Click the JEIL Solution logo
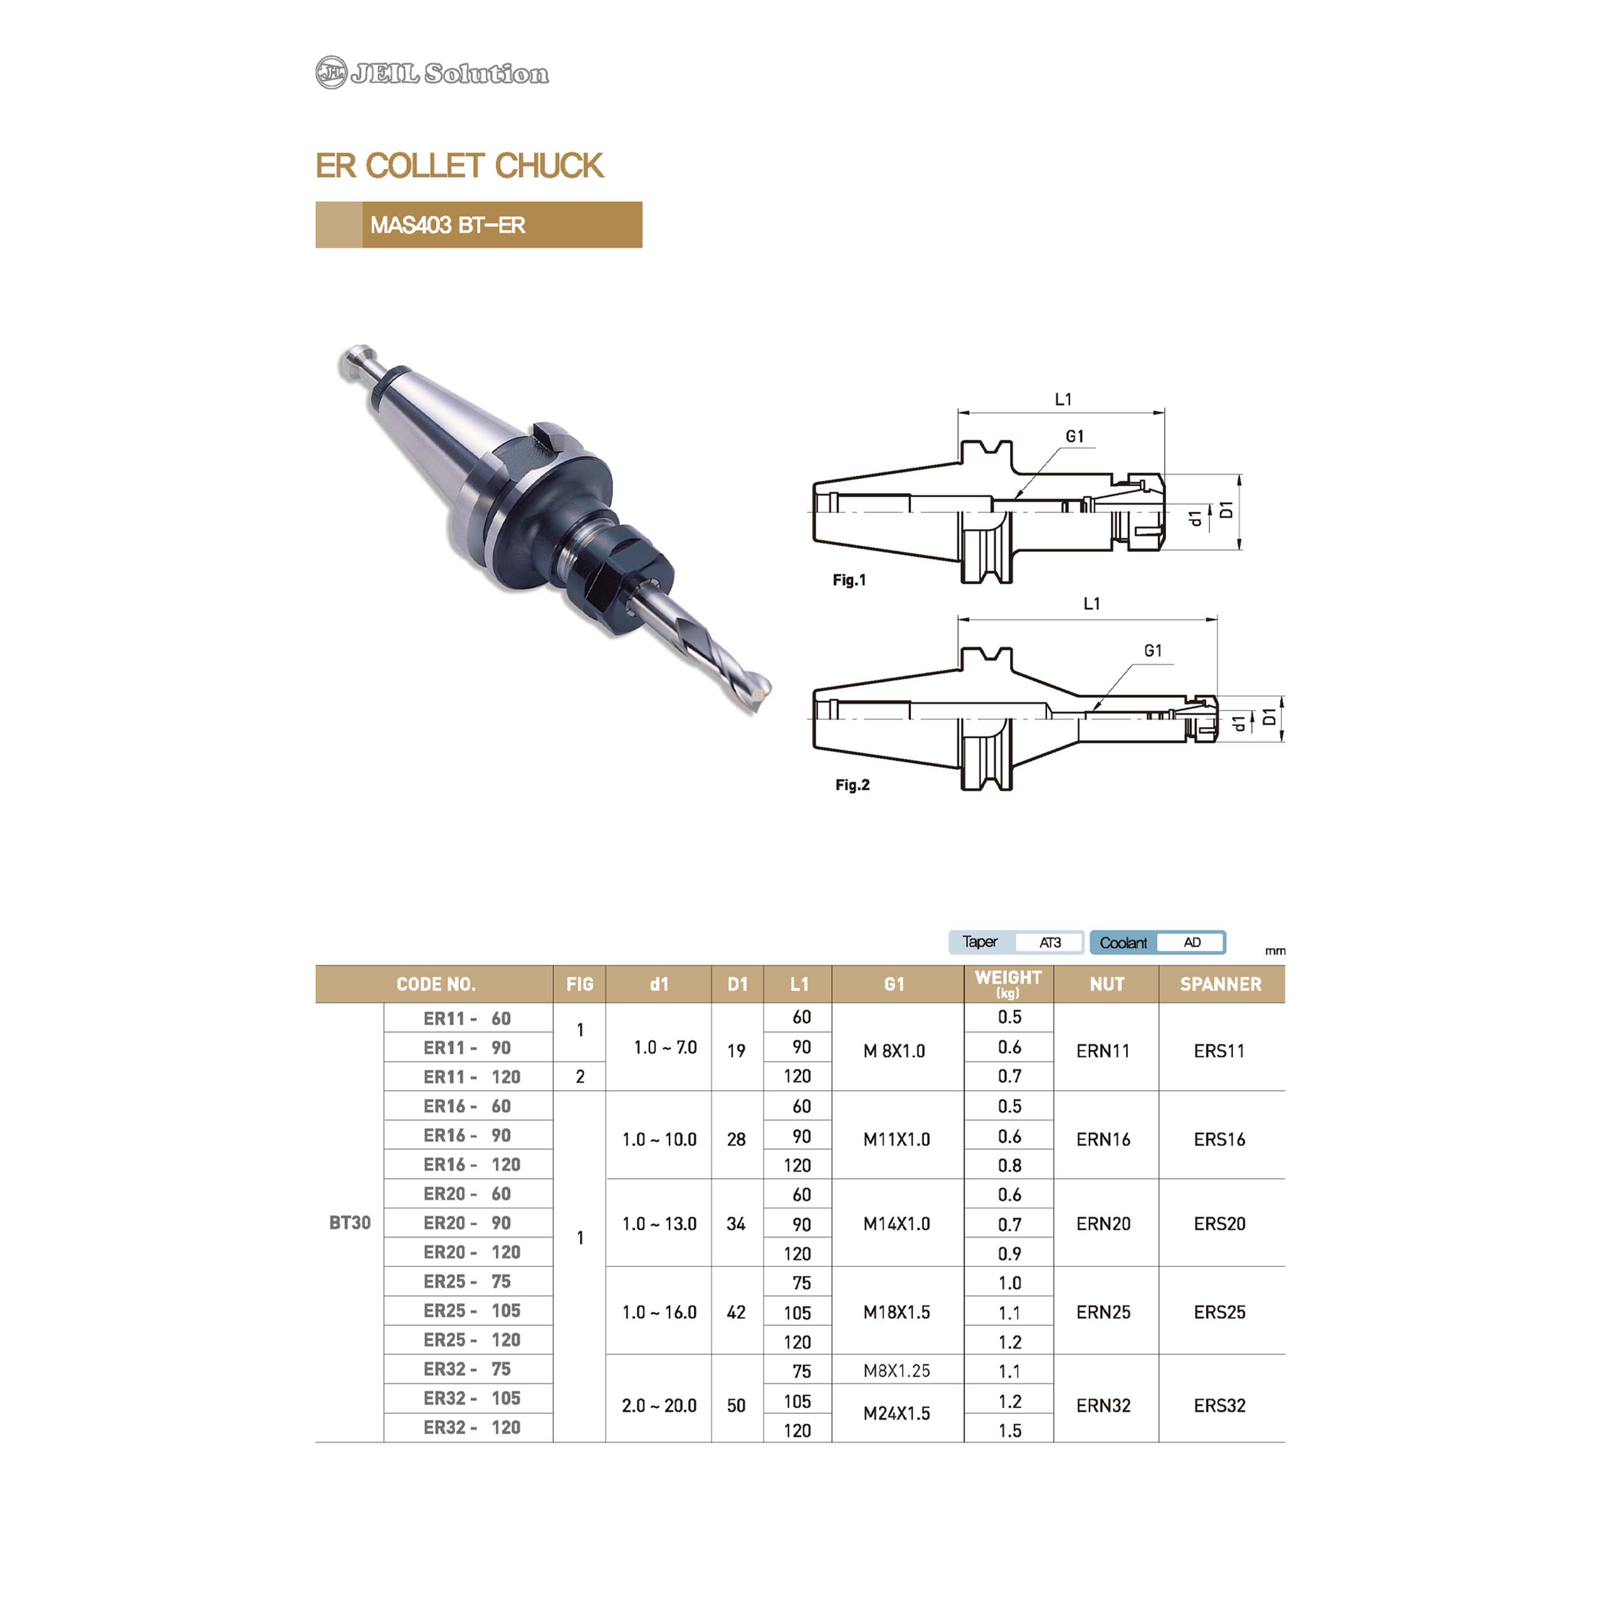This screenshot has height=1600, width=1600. click(432, 73)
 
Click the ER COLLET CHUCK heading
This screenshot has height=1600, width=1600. click(460, 165)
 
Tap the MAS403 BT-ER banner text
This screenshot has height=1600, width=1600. click(447, 225)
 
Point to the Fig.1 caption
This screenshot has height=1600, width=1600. click(849, 580)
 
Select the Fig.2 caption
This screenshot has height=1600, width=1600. click(852, 784)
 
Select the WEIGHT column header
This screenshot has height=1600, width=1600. click(1008, 983)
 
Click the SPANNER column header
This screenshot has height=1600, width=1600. click(1221, 984)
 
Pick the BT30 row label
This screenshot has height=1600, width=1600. click(350, 1223)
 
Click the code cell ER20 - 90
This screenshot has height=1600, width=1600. click(467, 1223)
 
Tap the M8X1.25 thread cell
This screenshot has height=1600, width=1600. click(897, 1371)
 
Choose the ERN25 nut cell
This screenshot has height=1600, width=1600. click(1103, 1312)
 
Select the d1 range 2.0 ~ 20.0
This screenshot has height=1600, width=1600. click(659, 1405)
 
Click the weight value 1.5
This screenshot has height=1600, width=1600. click(1009, 1430)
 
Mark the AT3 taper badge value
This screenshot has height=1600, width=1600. click(1050, 943)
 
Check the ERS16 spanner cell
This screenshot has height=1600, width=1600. click(1220, 1140)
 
